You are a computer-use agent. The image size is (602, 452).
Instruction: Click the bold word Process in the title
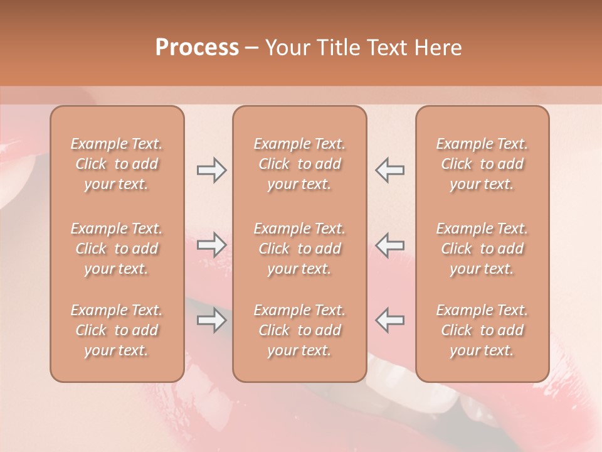pyautogui.click(x=197, y=48)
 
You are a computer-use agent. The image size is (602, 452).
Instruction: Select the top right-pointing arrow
pyautogui.click(x=211, y=170)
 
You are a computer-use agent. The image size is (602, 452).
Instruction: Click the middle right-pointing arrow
pyautogui.click(x=211, y=245)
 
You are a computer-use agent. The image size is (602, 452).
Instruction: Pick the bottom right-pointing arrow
pyautogui.click(x=211, y=320)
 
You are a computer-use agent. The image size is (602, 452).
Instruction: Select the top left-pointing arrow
pyautogui.click(x=389, y=170)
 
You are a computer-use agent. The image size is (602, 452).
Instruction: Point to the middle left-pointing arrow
pyautogui.click(x=389, y=245)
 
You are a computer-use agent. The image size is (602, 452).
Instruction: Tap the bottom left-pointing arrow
pyautogui.click(x=389, y=320)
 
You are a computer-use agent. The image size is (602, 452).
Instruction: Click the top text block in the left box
pyautogui.click(x=117, y=164)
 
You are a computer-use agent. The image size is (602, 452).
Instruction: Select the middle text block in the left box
pyautogui.click(x=117, y=249)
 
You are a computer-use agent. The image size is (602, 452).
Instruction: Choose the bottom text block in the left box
pyautogui.click(x=117, y=330)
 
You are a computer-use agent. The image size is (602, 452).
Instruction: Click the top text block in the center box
pyautogui.click(x=300, y=164)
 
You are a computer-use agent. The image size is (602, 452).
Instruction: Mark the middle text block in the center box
pyautogui.click(x=300, y=249)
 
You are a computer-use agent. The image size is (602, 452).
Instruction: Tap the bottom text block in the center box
pyautogui.click(x=300, y=330)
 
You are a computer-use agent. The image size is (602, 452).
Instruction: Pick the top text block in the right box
pyautogui.click(x=482, y=164)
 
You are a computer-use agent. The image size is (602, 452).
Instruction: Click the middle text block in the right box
pyautogui.click(x=482, y=249)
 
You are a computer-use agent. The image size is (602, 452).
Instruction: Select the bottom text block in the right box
pyautogui.click(x=482, y=330)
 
